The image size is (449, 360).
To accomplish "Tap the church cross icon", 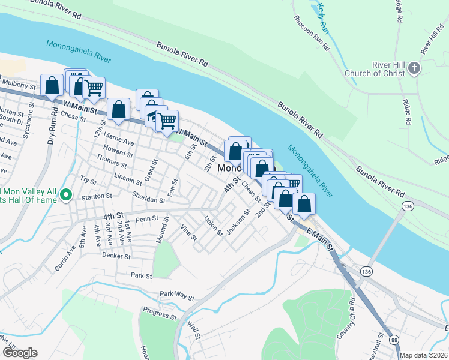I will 414,70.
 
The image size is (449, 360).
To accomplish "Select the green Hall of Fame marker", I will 67,195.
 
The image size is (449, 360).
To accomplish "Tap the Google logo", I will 19,353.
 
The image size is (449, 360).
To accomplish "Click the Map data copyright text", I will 424,355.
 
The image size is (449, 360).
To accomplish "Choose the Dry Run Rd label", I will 52,130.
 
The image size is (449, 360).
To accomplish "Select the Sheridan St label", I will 150,199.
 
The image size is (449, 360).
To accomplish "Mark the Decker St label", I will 116,256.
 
